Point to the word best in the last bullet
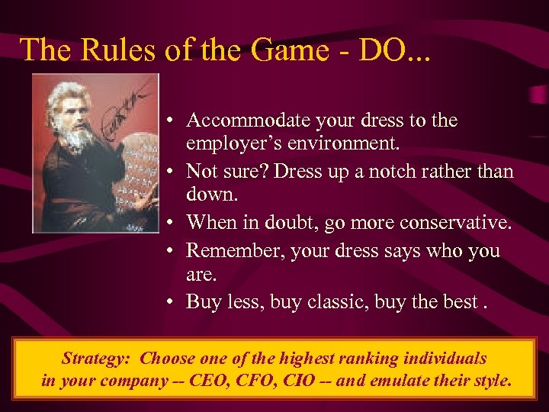coord(460,301)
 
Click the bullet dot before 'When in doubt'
coord(174,223)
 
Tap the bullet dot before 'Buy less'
coord(174,302)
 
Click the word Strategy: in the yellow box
coord(98,358)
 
